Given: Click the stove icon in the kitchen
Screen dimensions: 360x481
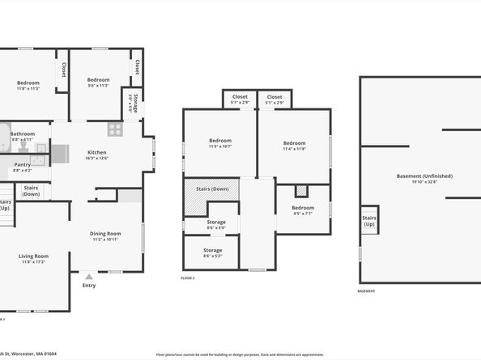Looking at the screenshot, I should pos(115,129).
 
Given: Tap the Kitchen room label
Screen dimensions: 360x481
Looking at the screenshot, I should pos(97,152).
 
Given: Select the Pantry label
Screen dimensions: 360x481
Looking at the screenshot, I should pos(23,164).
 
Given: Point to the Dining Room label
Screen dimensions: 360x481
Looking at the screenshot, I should pos(105,234).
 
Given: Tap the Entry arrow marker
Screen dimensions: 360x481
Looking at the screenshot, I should pos(89,276).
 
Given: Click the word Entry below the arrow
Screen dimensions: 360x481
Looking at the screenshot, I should pos(89,285).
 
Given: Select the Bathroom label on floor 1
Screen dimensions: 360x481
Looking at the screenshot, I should pos(23,133).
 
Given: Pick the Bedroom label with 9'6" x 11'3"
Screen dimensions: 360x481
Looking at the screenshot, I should pos(98,79).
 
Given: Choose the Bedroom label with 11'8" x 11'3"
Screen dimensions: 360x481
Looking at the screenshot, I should pos(28,83).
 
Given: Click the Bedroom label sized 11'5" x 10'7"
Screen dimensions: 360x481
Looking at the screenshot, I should pos(220,141).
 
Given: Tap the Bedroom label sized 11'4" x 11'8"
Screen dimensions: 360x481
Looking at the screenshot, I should pos(294,142).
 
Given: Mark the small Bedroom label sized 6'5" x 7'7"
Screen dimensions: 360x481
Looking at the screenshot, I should pos(304,208).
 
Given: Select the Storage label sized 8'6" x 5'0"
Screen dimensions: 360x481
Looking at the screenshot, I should pos(215,222).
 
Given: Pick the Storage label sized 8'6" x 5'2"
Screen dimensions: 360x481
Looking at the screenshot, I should pos(212,250).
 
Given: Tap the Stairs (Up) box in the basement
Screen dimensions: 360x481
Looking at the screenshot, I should pos(369,220).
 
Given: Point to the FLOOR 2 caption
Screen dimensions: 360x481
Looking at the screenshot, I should pos(187,277).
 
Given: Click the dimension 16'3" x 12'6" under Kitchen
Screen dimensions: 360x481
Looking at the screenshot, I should pos(97,159).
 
